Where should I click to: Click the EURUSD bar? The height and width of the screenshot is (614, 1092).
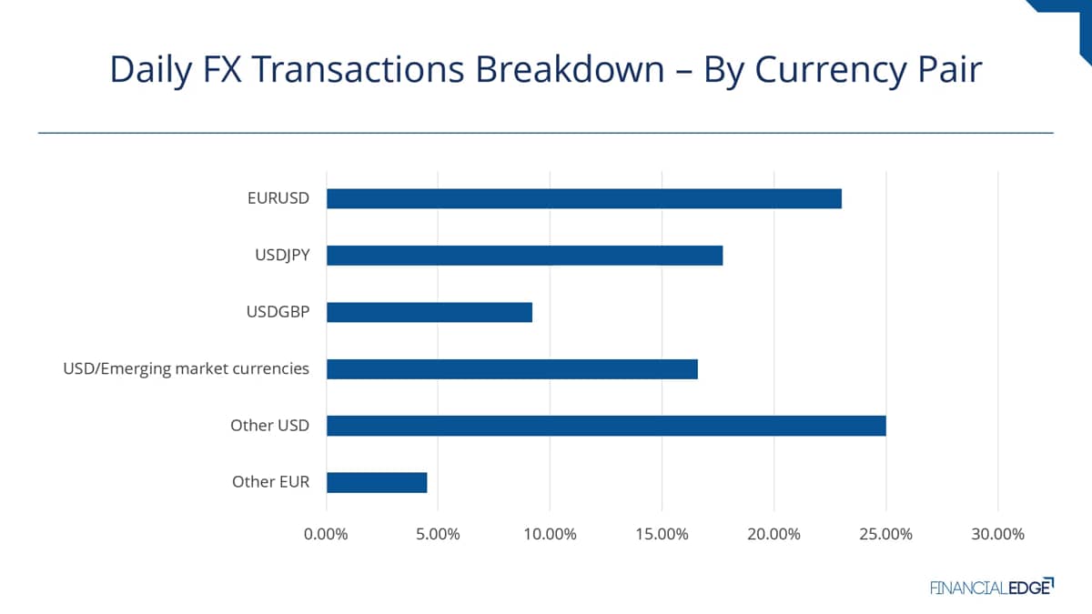[583, 198]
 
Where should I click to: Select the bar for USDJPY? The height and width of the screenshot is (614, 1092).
[524, 256]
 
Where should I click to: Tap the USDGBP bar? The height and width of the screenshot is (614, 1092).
[429, 312]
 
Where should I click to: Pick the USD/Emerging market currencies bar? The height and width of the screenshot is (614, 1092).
[511, 369]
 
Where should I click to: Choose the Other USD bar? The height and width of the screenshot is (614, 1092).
[605, 426]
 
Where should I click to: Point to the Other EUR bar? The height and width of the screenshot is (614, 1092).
[376, 482]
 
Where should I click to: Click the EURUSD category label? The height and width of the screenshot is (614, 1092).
[278, 198]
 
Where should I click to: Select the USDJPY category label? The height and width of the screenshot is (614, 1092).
[282, 256]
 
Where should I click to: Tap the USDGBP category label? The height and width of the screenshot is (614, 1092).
[278, 312]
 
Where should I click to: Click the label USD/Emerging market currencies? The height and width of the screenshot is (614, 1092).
[186, 369]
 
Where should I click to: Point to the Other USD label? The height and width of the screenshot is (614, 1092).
[269, 426]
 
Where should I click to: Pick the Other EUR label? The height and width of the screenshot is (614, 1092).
[270, 482]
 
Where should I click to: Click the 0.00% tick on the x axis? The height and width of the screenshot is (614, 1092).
[326, 534]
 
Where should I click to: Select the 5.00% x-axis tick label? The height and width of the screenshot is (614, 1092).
[438, 534]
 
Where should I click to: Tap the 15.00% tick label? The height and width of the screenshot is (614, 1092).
[662, 534]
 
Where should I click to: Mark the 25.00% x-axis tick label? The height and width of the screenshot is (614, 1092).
[885, 534]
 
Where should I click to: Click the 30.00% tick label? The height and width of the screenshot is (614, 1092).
[997, 534]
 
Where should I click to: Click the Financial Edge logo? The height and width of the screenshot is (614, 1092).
[991, 587]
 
